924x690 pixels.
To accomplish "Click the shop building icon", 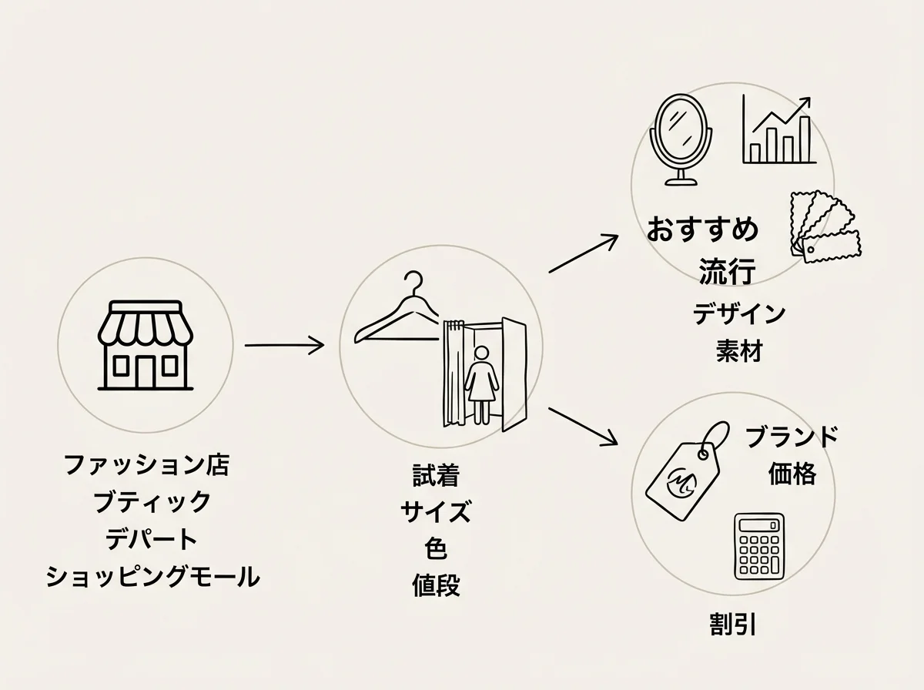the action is pyautogui.click(x=146, y=345).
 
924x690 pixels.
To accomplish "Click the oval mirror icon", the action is pyautogui.click(x=681, y=139).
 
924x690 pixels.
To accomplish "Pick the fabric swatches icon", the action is pyautogui.click(x=824, y=226).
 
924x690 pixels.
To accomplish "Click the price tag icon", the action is pyautogui.click(x=687, y=471).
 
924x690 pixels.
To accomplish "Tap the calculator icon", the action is pyautogui.click(x=759, y=546).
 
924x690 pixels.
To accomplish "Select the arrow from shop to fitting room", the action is pyautogui.click(x=284, y=345).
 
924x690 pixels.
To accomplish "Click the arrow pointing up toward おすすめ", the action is pyautogui.click(x=584, y=253).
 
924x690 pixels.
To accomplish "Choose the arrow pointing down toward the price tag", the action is pyautogui.click(x=583, y=426).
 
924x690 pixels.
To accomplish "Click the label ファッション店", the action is pyautogui.click(x=146, y=464).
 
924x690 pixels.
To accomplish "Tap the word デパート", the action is pyautogui.click(x=151, y=539).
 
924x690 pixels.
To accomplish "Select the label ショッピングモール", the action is pyautogui.click(x=152, y=576).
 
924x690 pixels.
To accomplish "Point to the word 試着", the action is pyautogui.click(x=436, y=475).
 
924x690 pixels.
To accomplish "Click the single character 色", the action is pyautogui.click(x=436, y=548).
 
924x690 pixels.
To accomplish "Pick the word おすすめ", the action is pyautogui.click(x=702, y=229).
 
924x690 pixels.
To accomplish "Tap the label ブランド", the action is pyautogui.click(x=792, y=436).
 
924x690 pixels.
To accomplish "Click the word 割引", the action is pyautogui.click(x=733, y=624).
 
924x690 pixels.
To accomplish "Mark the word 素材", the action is pyautogui.click(x=739, y=350).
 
